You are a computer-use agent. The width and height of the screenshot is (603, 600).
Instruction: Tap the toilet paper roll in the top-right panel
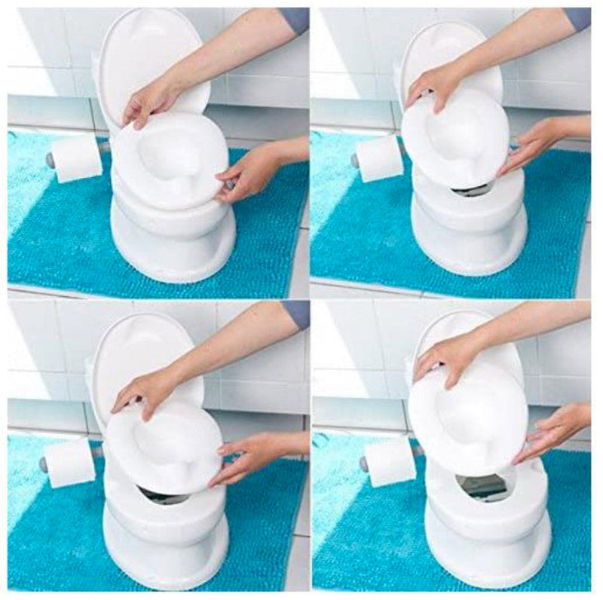[x=380, y=158]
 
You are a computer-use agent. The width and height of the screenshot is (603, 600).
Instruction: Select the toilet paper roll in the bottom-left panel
[x=69, y=462]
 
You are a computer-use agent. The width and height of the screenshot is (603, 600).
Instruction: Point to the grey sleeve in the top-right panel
[x=577, y=19]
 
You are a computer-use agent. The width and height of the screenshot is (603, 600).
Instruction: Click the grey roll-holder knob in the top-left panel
[x=51, y=160]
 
